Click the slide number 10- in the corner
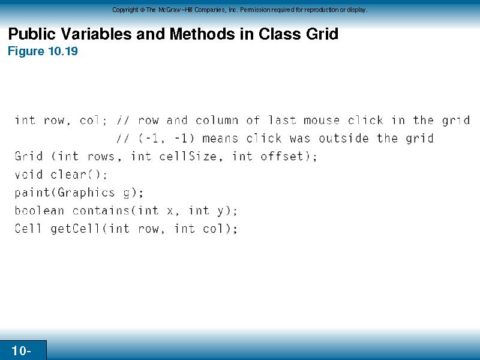point(21,350)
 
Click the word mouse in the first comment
point(322,120)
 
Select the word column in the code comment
point(217,120)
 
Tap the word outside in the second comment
point(343,139)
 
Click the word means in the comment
point(220,139)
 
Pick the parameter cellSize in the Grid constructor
point(188,157)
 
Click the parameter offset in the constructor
point(281,157)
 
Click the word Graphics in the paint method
point(86,193)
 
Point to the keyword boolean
point(40,211)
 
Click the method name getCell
point(76,229)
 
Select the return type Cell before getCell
point(28,229)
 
